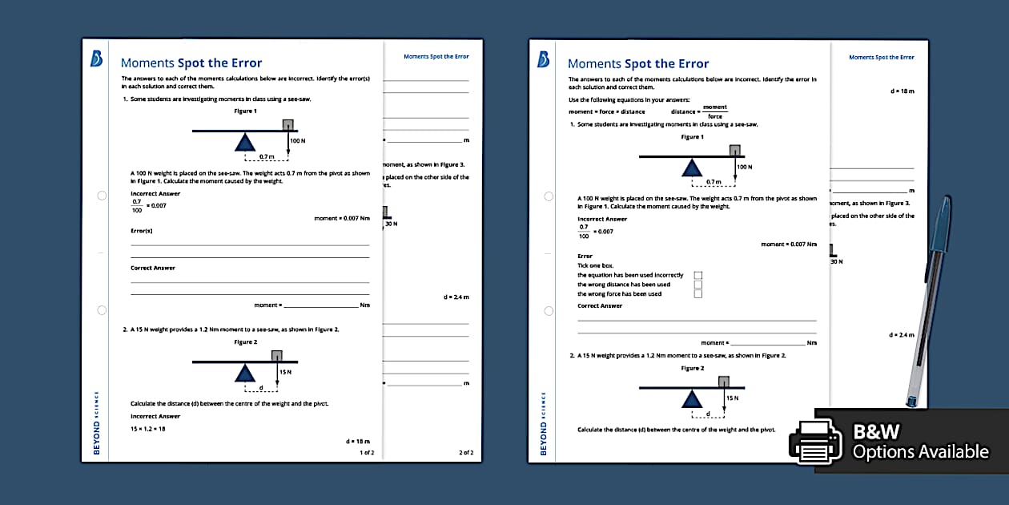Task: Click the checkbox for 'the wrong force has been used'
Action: (x=698, y=294)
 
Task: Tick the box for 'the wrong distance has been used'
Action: (x=698, y=285)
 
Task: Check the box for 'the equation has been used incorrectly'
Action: (x=698, y=275)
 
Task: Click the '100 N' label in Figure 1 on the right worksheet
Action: (x=745, y=167)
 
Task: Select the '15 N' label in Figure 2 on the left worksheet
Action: (x=285, y=372)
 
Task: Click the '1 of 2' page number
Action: (x=367, y=453)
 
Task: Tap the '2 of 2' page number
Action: (x=466, y=453)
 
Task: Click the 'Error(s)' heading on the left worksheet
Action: (x=142, y=231)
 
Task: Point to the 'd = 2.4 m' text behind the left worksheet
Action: (x=456, y=297)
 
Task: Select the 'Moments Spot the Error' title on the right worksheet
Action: (x=638, y=64)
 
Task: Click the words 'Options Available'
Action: (x=920, y=452)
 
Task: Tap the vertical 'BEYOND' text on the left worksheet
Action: (x=97, y=437)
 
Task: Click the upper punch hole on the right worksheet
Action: (x=549, y=196)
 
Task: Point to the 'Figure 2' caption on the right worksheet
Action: (x=692, y=368)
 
